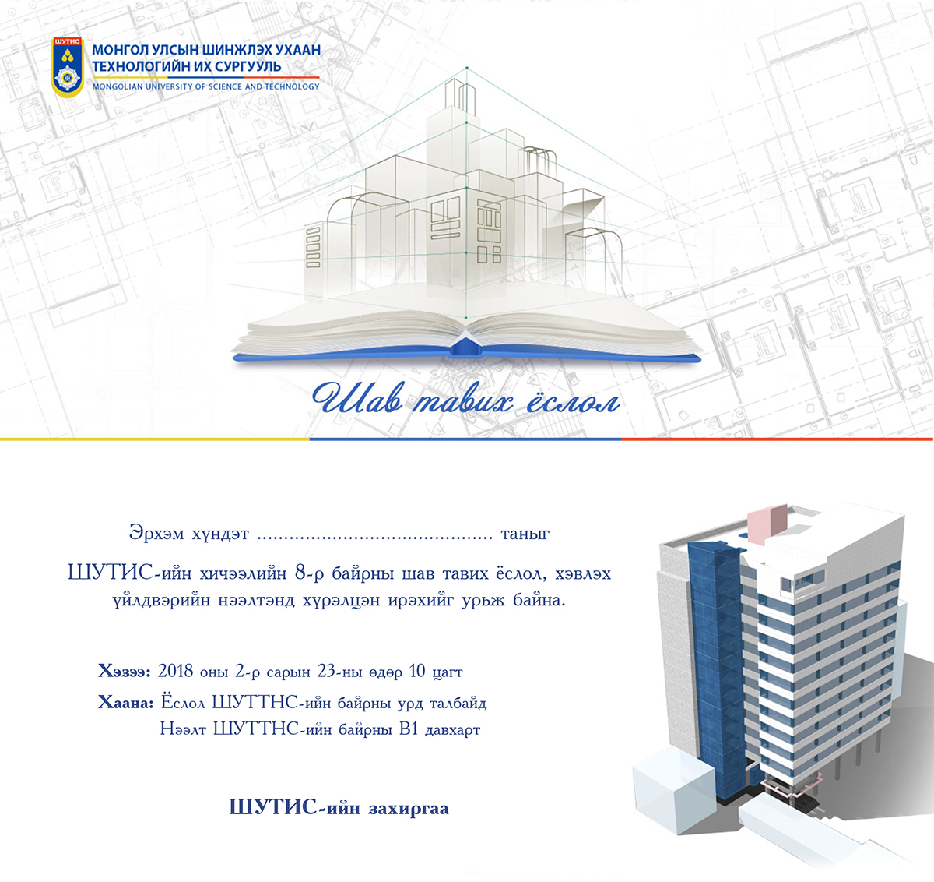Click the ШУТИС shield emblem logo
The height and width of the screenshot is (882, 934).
click(x=68, y=67)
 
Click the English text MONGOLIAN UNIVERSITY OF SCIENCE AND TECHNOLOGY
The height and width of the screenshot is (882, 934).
click(x=205, y=86)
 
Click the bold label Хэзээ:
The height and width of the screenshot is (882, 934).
click(x=125, y=671)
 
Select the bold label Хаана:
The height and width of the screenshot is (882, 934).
click(x=125, y=703)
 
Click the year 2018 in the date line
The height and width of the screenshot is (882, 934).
click(x=175, y=671)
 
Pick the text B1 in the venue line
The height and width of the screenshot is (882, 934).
click(x=409, y=729)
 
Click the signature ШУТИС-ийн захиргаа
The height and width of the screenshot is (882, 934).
click(x=339, y=807)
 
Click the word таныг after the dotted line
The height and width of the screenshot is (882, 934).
click(x=525, y=534)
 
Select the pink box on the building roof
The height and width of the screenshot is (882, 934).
click(x=767, y=524)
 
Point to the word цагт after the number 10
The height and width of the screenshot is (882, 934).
click(x=447, y=672)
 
